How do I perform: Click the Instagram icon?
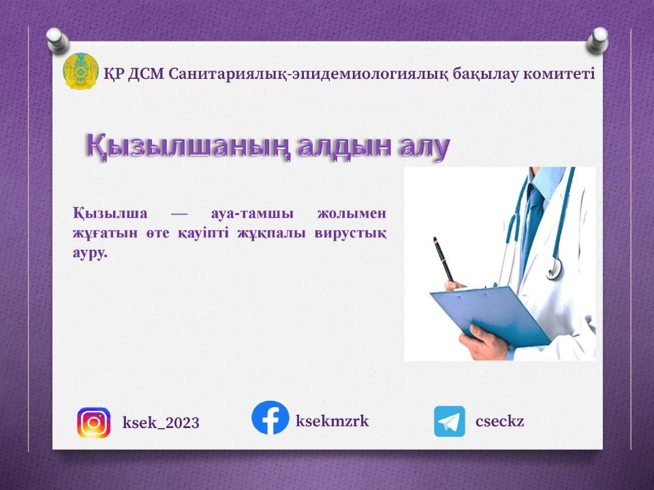[x=93, y=422]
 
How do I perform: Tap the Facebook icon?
[x=270, y=418]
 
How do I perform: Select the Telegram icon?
[x=450, y=421]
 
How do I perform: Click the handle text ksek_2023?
[x=161, y=423]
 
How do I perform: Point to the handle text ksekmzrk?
[x=332, y=421]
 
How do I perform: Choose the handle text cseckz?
[x=499, y=421]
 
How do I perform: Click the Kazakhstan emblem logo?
[x=81, y=72]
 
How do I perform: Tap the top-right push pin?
[x=598, y=39]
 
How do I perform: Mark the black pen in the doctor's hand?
[x=443, y=259]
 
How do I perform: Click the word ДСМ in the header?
[x=146, y=73]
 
